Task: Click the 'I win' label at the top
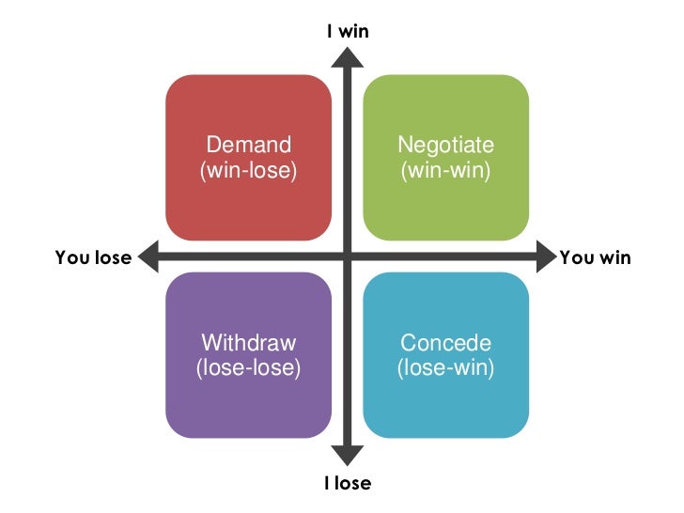point(348,31)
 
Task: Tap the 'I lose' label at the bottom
point(348,484)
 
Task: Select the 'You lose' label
point(93,257)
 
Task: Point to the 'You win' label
point(595,257)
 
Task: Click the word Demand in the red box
point(248,146)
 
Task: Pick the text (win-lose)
point(248,171)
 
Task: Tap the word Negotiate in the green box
point(445,146)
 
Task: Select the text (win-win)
point(445,171)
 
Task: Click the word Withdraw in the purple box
point(248,342)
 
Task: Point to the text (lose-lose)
point(248,367)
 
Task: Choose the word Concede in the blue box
point(445,342)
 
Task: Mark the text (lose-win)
point(445,367)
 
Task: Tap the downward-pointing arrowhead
point(348,457)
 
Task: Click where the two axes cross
point(348,256)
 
